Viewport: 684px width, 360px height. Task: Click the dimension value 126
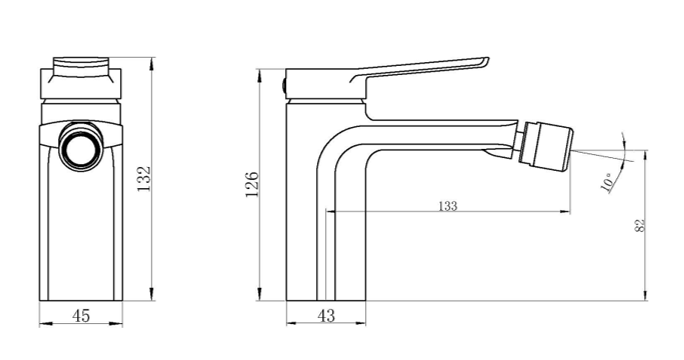tap(251, 183)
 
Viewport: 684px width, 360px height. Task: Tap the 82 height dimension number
tap(640, 226)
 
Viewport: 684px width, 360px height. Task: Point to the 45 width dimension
tap(81, 316)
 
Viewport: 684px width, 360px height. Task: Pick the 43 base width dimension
tap(326, 316)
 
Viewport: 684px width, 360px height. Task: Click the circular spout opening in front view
tap(79, 147)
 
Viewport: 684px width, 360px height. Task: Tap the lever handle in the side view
tap(420, 69)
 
